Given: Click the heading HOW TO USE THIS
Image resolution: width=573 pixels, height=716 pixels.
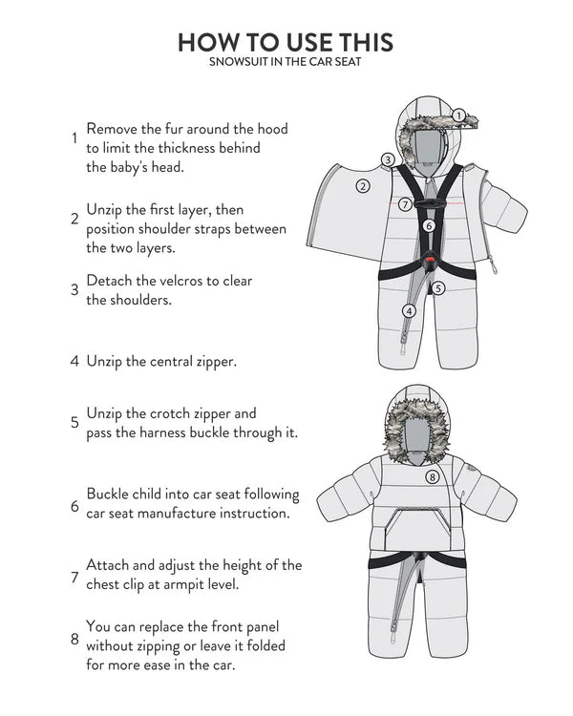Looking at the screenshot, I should [x=286, y=43].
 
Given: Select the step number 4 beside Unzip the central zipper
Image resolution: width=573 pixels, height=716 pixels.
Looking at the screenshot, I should [x=74, y=362].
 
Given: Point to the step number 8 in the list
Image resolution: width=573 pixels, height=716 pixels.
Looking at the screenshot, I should [x=74, y=640].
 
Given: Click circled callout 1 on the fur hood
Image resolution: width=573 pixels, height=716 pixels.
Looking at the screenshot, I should [x=458, y=116].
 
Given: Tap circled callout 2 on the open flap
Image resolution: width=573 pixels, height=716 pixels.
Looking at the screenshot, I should [x=363, y=187].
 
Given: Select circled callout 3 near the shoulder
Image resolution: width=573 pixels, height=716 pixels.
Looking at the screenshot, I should [x=388, y=159].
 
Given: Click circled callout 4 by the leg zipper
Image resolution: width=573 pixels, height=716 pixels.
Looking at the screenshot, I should [x=409, y=310].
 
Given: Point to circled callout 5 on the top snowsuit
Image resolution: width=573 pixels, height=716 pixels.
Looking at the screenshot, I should [x=438, y=287].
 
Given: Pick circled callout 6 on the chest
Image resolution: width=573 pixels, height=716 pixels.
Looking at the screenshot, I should [x=429, y=226].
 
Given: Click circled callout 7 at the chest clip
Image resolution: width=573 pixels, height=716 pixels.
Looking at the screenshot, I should [x=406, y=203].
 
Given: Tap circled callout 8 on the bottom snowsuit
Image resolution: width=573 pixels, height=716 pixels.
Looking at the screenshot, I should [x=432, y=476].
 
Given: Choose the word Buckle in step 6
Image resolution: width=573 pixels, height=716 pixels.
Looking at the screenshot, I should [x=108, y=495].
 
